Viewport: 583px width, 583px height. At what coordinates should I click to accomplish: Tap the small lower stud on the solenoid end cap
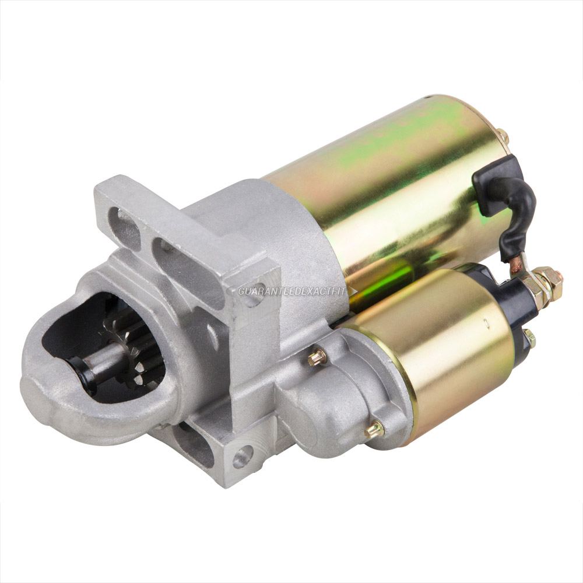529,336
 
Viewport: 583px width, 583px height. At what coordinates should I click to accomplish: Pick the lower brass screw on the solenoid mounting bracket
374,430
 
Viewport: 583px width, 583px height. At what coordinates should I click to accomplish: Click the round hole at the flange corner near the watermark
252,302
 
